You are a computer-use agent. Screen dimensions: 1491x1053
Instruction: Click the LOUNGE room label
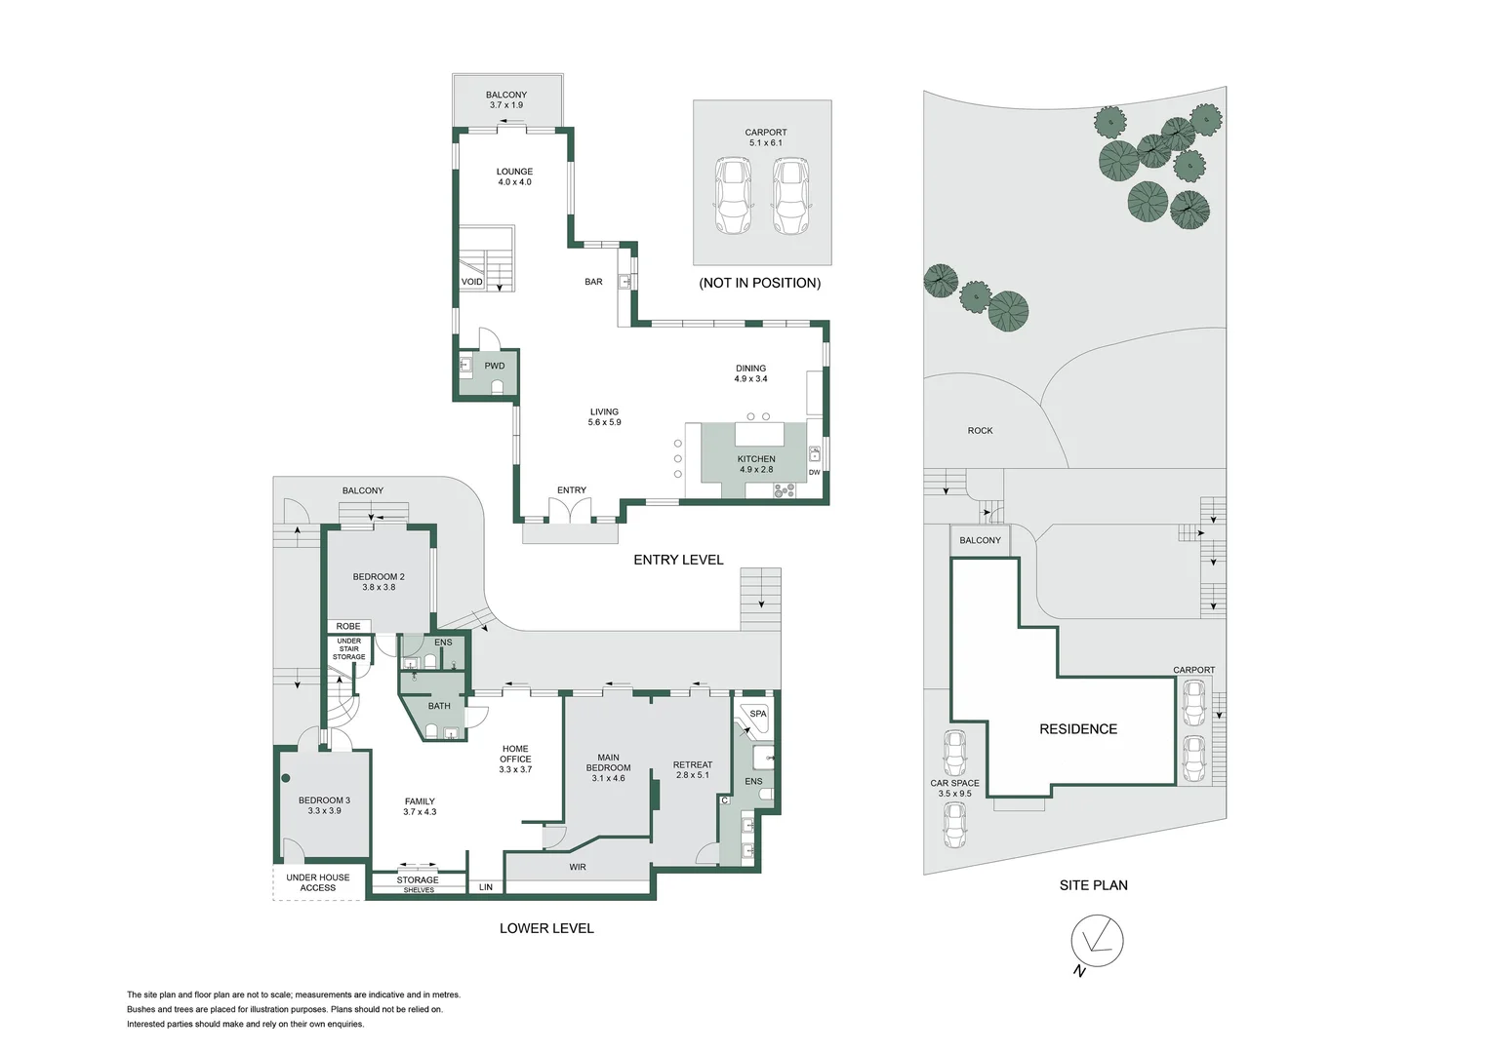point(514,172)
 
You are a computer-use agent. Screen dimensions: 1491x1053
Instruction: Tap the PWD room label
point(495,366)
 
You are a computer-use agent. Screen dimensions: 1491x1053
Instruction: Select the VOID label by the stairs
point(472,282)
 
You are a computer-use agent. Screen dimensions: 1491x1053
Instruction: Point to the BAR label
point(593,282)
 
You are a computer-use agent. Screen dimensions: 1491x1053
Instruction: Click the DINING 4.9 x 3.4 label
point(750,373)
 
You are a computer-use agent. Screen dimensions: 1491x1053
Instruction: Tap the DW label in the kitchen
point(814,473)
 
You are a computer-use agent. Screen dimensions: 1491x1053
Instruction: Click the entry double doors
point(571,511)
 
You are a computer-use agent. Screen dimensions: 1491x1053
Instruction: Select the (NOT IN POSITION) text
point(759,283)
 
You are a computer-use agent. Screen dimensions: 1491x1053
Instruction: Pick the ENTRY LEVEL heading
point(678,560)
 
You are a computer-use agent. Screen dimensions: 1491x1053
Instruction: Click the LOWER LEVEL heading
point(546,928)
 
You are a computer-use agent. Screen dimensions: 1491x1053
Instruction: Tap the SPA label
point(758,714)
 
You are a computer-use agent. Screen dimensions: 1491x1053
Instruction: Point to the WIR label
point(577,868)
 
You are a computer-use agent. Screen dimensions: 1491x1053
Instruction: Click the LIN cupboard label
point(486,887)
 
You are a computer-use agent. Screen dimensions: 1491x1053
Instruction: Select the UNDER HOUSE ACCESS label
point(317,882)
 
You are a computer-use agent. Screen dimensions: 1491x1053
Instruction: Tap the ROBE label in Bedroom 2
point(348,627)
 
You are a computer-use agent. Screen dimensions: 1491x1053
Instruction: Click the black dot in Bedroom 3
point(286,778)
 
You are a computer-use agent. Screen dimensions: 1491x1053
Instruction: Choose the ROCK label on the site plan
point(980,431)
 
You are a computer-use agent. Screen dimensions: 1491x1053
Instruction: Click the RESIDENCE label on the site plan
point(1078,729)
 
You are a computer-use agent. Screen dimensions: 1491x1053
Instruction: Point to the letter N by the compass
point(1079,972)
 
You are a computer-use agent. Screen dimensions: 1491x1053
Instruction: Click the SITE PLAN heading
point(1094,885)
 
